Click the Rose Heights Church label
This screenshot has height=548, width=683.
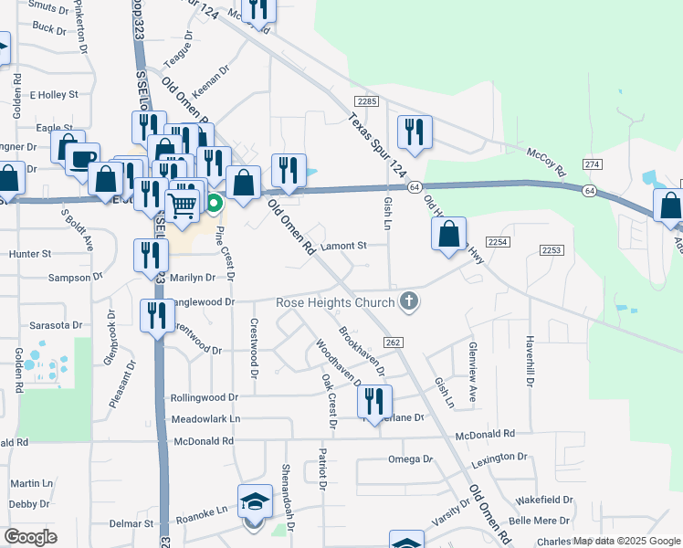336,302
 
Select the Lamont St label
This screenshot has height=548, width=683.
343,246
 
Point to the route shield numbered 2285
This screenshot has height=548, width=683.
367,101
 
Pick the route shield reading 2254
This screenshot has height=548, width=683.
497,241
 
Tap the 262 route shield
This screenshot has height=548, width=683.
393,342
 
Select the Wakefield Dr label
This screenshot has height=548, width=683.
543,501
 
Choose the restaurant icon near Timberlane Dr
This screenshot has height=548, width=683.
374,400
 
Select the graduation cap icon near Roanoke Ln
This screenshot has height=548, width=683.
255,501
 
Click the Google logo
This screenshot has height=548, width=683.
30,536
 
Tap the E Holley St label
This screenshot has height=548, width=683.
55,94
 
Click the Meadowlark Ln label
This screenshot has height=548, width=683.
205,419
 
